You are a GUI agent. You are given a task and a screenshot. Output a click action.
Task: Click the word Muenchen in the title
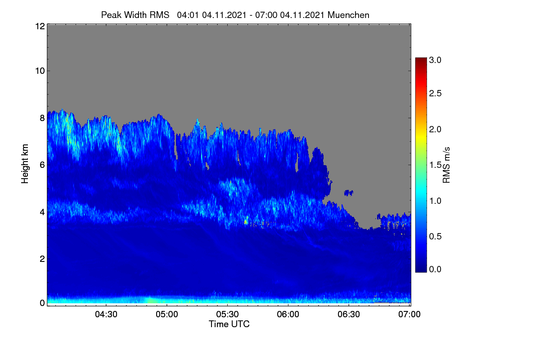(348, 15)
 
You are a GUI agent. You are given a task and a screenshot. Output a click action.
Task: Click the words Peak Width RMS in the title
(135, 15)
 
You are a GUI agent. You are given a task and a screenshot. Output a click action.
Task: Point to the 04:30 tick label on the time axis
(106, 314)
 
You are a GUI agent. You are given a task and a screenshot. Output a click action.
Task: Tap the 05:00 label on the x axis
(167, 314)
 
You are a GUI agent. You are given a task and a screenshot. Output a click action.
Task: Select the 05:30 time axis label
(227, 314)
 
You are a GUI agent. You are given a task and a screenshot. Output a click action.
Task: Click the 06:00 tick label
(288, 314)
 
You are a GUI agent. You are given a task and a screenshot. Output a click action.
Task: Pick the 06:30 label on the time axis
(349, 314)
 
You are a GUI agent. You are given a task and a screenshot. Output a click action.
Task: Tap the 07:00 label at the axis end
(409, 314)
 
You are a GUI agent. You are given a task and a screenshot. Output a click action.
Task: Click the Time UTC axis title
(229, 324)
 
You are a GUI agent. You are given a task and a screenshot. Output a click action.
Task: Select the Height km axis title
(25, 164)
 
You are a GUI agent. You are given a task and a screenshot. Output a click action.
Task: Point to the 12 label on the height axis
(40, 26)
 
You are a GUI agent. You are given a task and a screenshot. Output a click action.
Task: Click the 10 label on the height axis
(40, 71)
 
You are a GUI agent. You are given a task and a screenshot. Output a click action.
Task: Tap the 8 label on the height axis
(42, 118)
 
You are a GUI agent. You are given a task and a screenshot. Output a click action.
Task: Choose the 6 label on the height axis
(42, 165)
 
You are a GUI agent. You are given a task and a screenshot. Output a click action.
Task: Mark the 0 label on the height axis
(42, 303)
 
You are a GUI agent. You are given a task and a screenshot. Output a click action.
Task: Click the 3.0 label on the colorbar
(435, 60)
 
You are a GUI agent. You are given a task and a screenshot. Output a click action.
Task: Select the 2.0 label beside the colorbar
(435, 129)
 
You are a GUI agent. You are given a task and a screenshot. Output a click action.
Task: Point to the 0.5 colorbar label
(435, 236)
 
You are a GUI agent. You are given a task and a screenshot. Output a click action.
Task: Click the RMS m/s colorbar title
(446, 165)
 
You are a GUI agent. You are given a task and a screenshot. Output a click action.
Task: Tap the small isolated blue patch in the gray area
(349, 193)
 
